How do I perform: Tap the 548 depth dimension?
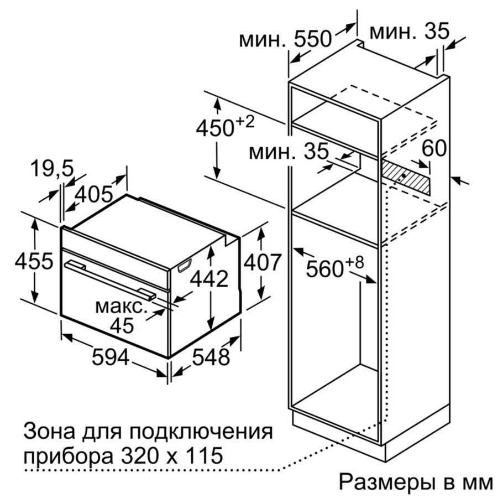(211, 357)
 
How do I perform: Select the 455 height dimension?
(34, 261)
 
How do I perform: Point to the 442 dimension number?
(209, 279)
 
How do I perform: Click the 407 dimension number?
(263, 263)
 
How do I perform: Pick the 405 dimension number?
(94, 195)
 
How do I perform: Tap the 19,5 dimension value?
(52, 169)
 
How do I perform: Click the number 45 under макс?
(122, 325)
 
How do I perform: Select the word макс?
(121, 307)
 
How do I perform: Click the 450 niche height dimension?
(214, 128)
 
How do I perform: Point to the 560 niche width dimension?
(324, 269)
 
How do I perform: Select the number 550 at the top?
(312, 39)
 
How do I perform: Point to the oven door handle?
(111, 280)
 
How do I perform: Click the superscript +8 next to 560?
(355, 263)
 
